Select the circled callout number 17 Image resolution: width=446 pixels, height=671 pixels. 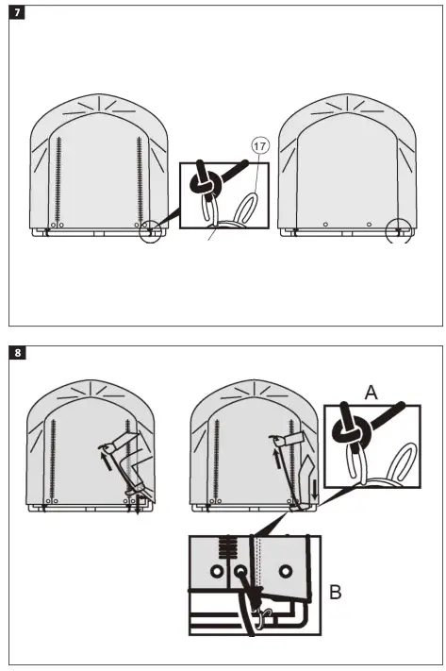click(259, 145)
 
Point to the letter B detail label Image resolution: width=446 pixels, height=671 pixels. click(336, 594)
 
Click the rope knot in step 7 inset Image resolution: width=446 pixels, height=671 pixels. click(205, 184)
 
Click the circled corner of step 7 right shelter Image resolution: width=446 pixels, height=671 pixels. click(400, 229)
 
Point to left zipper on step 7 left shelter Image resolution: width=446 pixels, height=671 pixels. click(59, 179)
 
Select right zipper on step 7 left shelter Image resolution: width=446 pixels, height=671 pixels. click(140, 179)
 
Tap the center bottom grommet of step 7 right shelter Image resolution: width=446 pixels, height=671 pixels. click(325, 225)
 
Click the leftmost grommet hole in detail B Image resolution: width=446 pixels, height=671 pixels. click(218, 572)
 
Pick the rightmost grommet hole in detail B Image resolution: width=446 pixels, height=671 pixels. click(286, 572)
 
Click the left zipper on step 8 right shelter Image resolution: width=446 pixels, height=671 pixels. click(218, 458)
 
